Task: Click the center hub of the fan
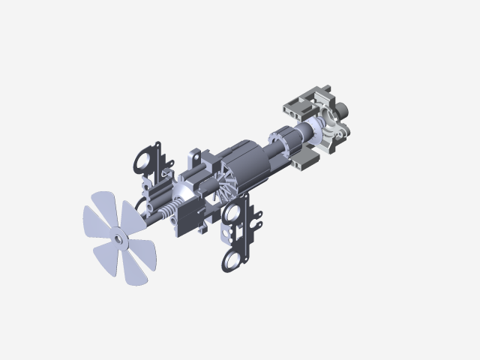pyautogui.click(x=118, y=238)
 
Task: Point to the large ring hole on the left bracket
pyautogui.click(x=142, y=161)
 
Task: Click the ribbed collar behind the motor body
pyautogui.click(x=280, y=142)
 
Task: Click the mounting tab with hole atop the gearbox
pyautogui.click(x=195, y=158)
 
